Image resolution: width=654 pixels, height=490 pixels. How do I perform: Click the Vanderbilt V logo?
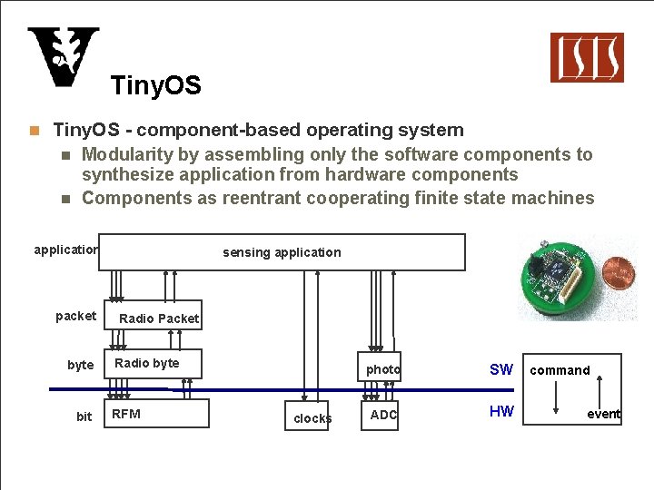[63, 57]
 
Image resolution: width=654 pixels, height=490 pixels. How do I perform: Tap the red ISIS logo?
[587, 57]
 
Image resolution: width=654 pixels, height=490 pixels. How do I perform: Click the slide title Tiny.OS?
[155, 86]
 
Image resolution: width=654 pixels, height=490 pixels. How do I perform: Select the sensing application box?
[282, 252]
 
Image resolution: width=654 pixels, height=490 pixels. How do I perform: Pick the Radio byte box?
[151, 364]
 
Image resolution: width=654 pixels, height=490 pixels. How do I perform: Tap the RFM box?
[155, 414]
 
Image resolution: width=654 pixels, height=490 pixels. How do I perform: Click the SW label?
[500, 369]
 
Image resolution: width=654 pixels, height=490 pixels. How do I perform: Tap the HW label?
[501, 411]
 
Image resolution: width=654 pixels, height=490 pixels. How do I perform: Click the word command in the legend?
[560, 369]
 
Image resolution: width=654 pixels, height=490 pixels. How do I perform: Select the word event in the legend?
[603, 414]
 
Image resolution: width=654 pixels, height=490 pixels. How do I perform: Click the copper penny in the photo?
[620, 271]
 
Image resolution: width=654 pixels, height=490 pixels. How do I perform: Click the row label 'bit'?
[84, 416]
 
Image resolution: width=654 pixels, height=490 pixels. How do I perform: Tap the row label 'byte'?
[80, 365]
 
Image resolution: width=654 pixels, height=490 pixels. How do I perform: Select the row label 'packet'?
[75, 316]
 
